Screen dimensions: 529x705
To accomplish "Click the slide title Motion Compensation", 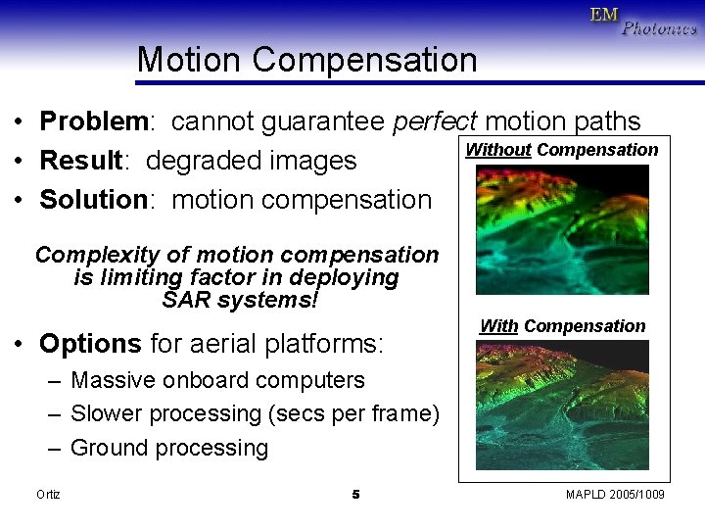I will [306, 60].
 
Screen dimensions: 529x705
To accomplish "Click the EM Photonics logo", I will [642, 21].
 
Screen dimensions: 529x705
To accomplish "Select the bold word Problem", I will [92, 121].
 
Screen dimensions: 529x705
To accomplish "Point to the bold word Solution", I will [93, 200].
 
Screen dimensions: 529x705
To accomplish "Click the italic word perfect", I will [434, 121].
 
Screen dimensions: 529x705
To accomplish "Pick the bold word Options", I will [90, 344].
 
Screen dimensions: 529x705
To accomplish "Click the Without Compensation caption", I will [561, 150].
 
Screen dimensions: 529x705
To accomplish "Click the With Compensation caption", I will [562, 326].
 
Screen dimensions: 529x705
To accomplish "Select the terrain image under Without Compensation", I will [562, 229].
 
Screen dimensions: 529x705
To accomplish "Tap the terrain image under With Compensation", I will [562, 406].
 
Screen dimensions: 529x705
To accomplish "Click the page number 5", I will [355, 495].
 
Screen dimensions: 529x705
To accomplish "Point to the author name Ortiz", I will [48, 495].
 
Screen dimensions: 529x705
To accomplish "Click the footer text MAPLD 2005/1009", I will [615, 495].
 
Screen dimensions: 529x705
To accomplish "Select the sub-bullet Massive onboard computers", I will [217, 380].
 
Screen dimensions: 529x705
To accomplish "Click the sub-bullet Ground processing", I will [169, 449].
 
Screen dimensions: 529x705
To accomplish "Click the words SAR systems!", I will [240, 300].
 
